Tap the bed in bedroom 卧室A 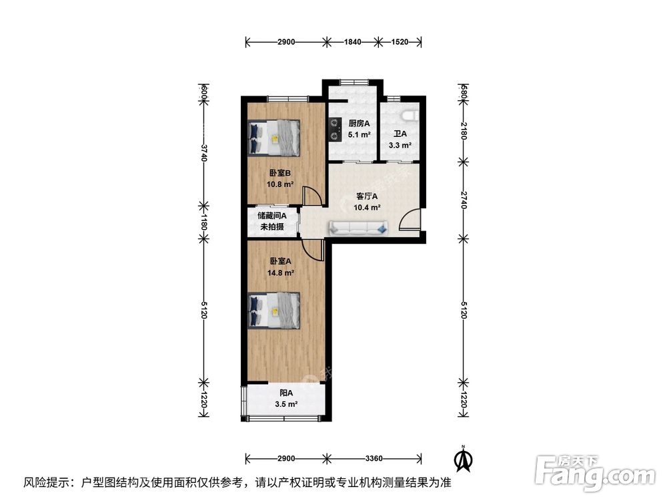274,310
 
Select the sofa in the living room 358,229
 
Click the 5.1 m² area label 354,134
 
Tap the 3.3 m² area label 400,144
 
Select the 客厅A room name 367,196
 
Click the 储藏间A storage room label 272,215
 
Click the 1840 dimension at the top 352,42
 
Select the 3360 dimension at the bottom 374,458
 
